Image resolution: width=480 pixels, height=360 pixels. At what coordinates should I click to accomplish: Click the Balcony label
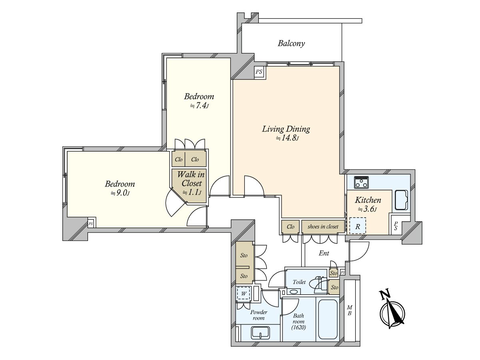(x=291, y=44)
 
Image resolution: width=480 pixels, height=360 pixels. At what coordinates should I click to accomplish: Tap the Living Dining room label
(x=286, y=129)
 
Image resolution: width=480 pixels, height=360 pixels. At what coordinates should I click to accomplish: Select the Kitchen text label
(x=368, y=200)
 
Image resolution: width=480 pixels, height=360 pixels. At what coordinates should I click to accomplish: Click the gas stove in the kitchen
(x=362, y=182)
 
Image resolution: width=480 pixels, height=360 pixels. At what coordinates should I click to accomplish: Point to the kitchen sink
(x=401, y=200)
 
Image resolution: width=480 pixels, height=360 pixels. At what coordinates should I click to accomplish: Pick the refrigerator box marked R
(x=358, y=226)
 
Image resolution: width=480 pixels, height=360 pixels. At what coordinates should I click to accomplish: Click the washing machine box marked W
(x=244, y=294)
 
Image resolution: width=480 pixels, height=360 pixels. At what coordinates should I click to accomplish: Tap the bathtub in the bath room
(x=327, y=319)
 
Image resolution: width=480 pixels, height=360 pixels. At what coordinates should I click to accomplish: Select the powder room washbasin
(x=260, y=333)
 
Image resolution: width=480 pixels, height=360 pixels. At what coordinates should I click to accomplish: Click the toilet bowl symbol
(x=318, y=283)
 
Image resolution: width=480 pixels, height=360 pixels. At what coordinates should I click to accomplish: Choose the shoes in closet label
(x=323, y=227)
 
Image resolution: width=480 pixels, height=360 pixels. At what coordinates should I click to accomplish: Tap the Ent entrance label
(x=324, y=253)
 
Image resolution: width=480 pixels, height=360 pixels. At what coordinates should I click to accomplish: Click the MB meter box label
(x=350, y=310)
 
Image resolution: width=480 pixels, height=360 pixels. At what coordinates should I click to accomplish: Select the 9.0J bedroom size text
(x=120, y=194)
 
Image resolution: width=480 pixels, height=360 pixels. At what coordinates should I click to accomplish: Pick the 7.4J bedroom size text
(x=199, y=106)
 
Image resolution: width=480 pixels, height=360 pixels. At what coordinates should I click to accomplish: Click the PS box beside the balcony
(x=259, y=72)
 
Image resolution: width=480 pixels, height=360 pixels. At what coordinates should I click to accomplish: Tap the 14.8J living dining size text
(x=287, y=138)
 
